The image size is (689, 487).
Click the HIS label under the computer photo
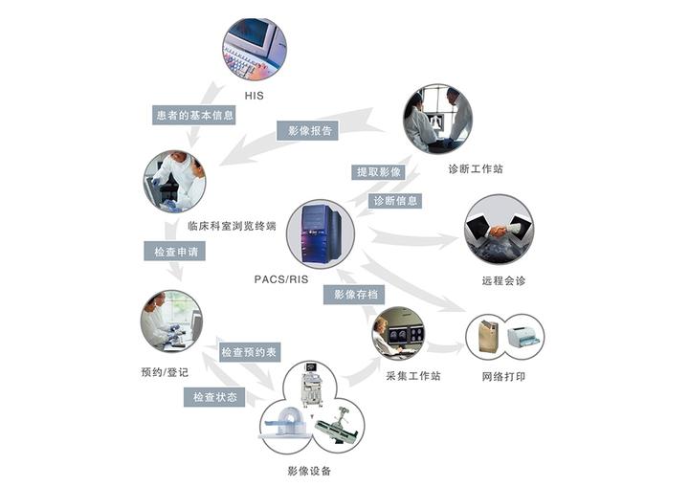(x=254, y=97)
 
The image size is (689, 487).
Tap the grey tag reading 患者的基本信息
(x=195, y=115)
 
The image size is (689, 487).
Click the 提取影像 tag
(x=379, y=172)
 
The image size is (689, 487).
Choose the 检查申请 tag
(x=174, y=253)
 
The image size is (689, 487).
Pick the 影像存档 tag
(x=357, y=295)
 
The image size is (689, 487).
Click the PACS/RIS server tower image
(x=320, y=234)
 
